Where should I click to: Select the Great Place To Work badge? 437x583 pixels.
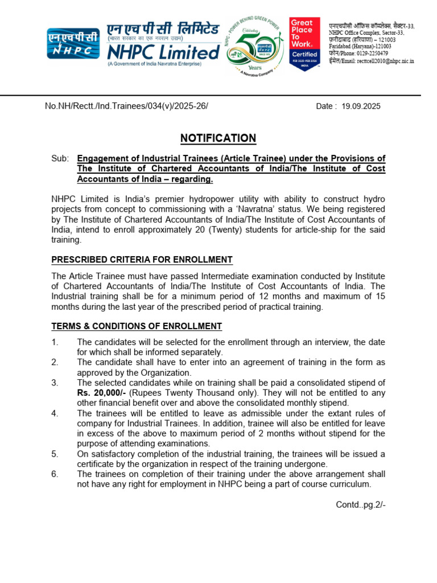tap(304, 44)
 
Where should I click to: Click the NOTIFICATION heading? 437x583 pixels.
tap(218, 138)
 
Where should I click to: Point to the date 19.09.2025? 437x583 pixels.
tap(361, 106)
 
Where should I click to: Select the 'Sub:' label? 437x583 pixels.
tap(60, 158)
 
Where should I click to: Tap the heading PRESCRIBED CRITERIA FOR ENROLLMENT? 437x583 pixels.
tap(142, 260)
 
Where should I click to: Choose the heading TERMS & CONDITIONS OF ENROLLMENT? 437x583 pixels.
tap(137, 326)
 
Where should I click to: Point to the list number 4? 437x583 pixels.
tap(55, 413)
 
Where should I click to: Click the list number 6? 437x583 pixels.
tap(55, 474)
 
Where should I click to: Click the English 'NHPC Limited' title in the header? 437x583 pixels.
tap(163, 52)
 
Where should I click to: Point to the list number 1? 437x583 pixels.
tap(55, 342)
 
